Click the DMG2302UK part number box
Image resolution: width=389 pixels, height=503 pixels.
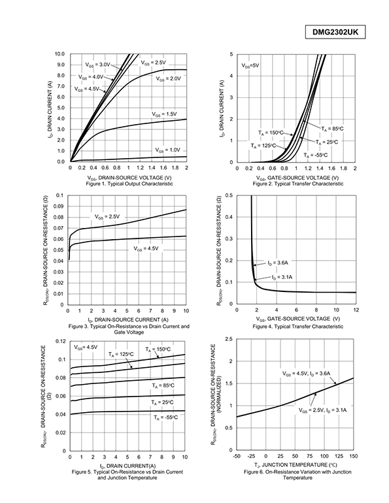click(x=335, y=33)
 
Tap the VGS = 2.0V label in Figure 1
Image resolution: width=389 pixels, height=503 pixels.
click(x=168, y=78)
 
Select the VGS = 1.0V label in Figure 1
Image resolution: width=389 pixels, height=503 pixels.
click(x=168, y=150)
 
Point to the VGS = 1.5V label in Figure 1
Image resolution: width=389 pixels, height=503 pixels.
click(x=164, y=114)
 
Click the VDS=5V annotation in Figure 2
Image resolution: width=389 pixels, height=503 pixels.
click(x=250, y=65)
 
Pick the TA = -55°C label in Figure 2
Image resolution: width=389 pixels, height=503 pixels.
click(x=316, y=155)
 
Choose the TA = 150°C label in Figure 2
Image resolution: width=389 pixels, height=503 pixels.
click(x=271, y=133)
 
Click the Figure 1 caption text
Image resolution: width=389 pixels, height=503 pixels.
click(x=129, y=184)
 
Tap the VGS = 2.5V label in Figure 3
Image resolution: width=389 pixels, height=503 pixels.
click(x=107, y=217)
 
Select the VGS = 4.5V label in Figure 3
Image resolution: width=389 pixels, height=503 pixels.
click(x=146, y=249)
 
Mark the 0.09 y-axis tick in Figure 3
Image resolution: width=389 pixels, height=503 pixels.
click(x=59, y=206)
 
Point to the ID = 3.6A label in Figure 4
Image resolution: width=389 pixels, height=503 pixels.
click(x=278, y=263)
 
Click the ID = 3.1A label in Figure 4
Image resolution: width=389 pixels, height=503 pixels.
click(x=282, y=277)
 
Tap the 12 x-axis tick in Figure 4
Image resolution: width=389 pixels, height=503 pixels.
click(x=356, y=310)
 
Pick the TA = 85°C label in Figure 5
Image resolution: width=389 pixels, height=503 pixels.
click(x=163, y=385)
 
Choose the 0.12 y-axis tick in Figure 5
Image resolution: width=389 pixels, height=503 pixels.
click(x=61, y=341)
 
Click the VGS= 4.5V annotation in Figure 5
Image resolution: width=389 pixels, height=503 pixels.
click(x=86, y=347)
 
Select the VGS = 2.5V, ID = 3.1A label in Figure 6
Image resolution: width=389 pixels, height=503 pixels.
click(x=322, y=410)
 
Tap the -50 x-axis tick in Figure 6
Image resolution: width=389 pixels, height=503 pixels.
click(x=237, y=456)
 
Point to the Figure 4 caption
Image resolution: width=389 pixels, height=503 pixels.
click(x=298, y=327)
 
